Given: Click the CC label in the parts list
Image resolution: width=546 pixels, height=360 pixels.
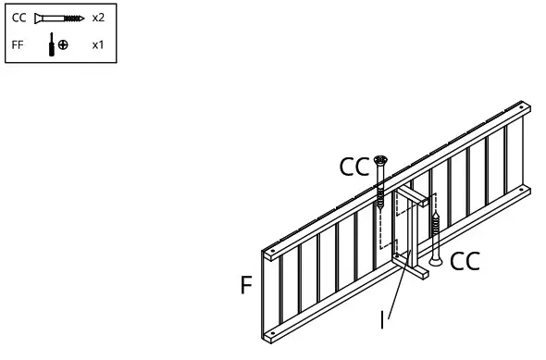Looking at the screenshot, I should click(19, 18).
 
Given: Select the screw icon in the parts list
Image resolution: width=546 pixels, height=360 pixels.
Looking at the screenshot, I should click(58, 18).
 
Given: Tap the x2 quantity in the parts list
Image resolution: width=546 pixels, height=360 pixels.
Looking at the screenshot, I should click(98, 18).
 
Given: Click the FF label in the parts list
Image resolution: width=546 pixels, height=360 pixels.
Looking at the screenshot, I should click(19, 44).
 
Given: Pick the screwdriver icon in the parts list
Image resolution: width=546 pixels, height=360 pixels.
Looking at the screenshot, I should click(51, 44).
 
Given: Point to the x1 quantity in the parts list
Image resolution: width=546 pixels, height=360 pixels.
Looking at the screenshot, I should click(98, 44).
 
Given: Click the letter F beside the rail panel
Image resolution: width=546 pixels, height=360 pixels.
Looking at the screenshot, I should click(246, 285).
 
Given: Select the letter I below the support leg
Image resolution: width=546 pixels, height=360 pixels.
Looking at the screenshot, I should click(382, 320).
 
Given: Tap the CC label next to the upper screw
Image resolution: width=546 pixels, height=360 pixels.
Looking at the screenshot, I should click(354, 168).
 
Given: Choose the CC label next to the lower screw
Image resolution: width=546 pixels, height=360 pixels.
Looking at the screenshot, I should click(465, 262).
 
